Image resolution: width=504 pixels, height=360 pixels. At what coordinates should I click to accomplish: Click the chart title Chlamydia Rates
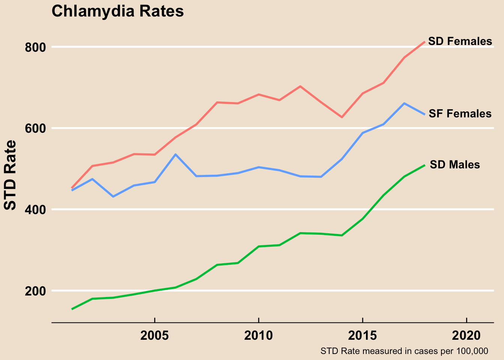click(x=117, y=11)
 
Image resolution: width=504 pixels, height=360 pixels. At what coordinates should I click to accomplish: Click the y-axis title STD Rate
click(x=10, y=175)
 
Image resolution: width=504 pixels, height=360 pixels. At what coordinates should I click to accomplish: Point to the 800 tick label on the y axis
click(x=35, y=47)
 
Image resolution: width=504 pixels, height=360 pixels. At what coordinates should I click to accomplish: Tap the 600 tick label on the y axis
click(x=35, y=128)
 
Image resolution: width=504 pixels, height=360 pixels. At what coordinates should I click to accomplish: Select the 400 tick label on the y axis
click(x=35, y=210)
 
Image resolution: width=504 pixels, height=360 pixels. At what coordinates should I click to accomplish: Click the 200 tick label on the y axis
click(x=35, y=291)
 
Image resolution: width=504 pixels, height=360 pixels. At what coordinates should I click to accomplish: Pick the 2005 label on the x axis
click(x=154, y=336)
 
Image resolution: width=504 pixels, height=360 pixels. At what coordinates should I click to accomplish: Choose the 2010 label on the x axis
click(x=258, y=336)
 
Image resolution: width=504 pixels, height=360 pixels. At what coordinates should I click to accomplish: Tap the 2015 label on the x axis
click(x=362, y=336)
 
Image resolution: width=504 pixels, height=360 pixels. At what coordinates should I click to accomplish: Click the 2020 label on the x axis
click(x=466, y=336)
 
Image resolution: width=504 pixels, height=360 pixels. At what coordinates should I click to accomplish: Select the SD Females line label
click(x=460, y=41)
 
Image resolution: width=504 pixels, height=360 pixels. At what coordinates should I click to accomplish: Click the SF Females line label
click(x=460, y=114)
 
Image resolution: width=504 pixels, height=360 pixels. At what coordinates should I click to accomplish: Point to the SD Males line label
click(x=454, y=165)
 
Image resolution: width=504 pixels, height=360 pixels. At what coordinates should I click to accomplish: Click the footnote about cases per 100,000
click(x=404, y=351)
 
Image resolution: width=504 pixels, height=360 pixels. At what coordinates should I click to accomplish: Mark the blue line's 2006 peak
click(x=175, y=154)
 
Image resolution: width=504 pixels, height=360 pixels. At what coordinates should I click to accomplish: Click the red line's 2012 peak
click(x=300, y=86)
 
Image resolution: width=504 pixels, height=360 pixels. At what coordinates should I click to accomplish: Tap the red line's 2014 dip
click(x=342, y=117)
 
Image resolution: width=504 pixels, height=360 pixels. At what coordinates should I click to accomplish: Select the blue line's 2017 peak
click(x=404, y=103)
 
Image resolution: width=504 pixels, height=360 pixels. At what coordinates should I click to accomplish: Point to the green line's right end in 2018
click(x=424, y=165)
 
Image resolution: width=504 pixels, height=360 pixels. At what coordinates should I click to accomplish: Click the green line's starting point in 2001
click(x=72, y=309)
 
